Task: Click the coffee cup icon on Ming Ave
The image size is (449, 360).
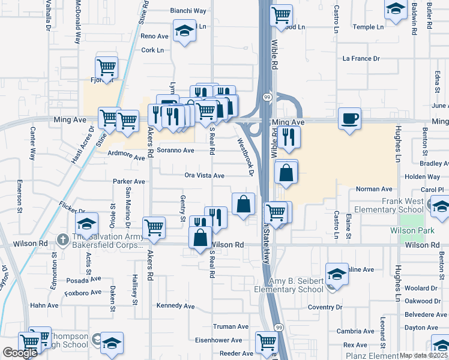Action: point(349,118)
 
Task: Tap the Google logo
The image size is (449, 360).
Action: point(20,352)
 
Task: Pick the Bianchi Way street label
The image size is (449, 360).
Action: point(188,11)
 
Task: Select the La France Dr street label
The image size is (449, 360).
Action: point(361,59)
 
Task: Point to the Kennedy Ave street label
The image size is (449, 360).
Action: point(176,306)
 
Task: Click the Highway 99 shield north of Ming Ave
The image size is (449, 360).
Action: point(265,96)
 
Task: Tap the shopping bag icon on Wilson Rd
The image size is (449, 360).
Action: point(200,238)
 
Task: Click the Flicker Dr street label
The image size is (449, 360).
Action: point(72,211)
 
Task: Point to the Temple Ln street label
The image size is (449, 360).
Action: point(368,27)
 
